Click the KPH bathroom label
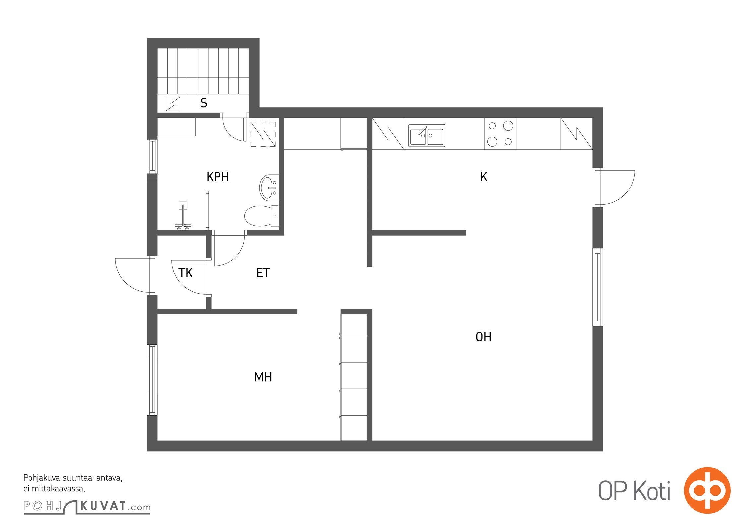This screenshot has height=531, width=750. point(218,177)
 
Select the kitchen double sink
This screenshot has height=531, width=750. point(427,135)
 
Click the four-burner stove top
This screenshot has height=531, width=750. point(500,134)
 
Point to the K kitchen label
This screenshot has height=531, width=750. point(484,177)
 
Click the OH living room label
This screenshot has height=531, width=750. point(483,337)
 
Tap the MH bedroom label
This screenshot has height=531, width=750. point(263,377)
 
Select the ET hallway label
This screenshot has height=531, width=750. point(263,273)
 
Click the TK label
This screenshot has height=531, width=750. point(185,273)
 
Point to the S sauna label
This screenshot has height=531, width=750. point(204,103)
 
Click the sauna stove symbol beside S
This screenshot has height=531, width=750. point(173,104)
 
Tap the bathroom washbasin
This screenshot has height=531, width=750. point(269,188)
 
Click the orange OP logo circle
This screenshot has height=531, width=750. point(707,491)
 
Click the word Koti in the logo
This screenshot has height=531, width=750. point(652,491)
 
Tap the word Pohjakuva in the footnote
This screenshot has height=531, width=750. point(41,478)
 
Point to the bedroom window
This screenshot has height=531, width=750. point(152,380)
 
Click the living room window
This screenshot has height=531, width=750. point(597,287)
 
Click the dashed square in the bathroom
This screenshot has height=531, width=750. point(263,134)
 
